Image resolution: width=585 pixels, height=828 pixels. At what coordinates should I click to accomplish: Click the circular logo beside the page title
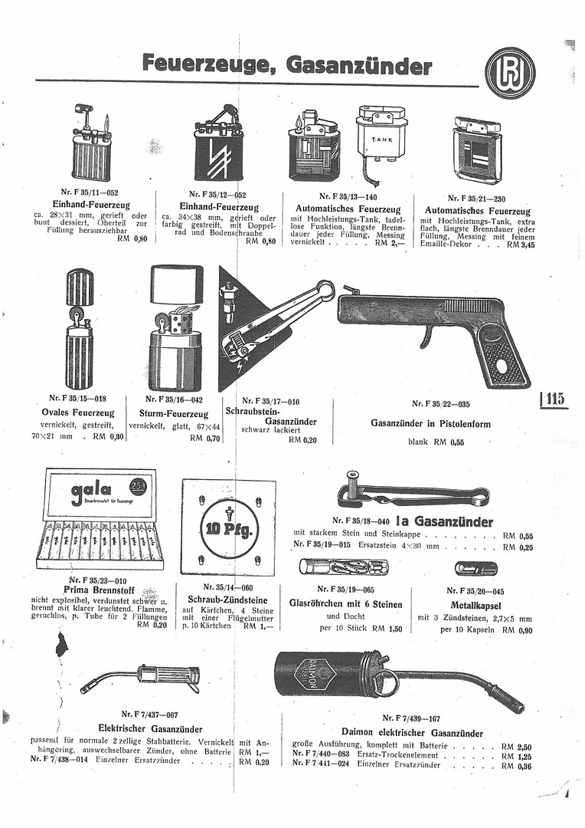point(510,73)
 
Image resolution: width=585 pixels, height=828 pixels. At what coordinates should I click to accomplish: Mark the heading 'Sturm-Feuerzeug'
point(170,411)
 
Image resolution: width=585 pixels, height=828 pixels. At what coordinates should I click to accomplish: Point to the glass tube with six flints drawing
point(343,568)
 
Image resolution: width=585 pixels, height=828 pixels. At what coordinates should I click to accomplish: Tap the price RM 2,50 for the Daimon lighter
point(517,746)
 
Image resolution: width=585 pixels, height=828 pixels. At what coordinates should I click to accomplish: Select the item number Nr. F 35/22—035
point(440,404)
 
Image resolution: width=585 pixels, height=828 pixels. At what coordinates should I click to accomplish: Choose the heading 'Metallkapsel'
point(476,605)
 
